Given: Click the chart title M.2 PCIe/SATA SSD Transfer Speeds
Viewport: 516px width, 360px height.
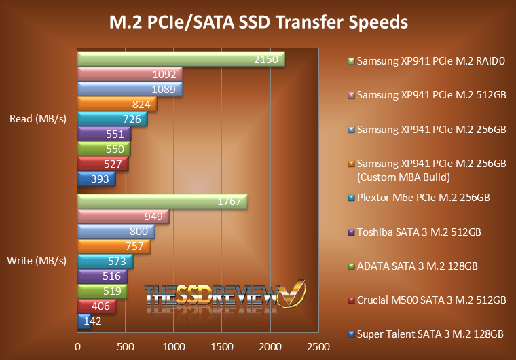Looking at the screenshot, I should click(x=259, y=22).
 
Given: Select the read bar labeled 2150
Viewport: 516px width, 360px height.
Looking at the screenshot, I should click(x=181, y=60).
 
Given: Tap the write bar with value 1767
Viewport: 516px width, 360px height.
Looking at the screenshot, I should click(x=163, y=202).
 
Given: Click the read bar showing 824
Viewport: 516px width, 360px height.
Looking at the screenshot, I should click(x=117, y=104).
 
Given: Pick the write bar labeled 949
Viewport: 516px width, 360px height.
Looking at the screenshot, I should click(x=123, y=217).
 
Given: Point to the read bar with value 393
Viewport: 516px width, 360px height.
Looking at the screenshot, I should click(x=96, y=179).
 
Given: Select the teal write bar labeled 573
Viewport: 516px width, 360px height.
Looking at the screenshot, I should click(x=105, y=262).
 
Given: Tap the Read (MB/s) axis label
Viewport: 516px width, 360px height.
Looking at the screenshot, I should click(x=38, y=119).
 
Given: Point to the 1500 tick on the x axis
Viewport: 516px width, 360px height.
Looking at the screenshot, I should click(x=222, y=346).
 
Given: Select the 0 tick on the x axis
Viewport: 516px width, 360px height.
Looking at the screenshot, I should click(x=78, y=346).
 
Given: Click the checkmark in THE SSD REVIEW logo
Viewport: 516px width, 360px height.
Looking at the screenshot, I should click(x=293, y=294).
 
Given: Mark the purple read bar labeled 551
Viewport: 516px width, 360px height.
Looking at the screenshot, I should click(x=104, y=134).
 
